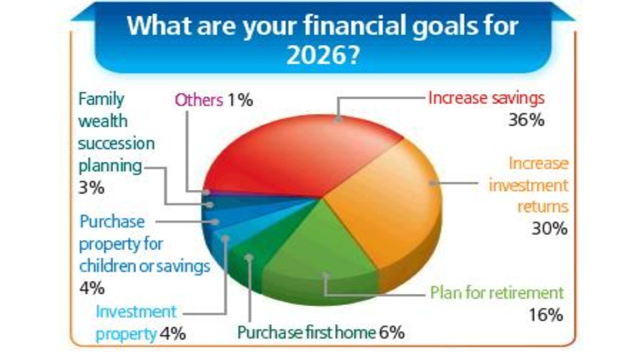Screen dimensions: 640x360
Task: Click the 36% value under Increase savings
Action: [x=526, y=120]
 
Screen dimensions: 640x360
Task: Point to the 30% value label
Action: [x=549, y=229]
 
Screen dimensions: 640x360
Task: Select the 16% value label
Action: [x=546, y=315]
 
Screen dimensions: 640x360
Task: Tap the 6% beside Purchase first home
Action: [x=392, y=332]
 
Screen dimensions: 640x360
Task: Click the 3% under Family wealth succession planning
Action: [x=91, y=187]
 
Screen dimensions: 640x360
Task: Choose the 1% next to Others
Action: [x=241, y=100]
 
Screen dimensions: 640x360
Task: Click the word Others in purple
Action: [x=199, y=100]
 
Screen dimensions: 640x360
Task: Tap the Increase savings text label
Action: [x=486, y=98]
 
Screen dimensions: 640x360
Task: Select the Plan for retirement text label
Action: [x=497, y=292]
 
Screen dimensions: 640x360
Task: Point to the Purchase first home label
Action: [x=306, y=332]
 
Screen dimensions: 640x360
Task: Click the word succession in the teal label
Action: [x=116, y=144]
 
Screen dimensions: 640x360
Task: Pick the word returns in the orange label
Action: [x=543, y=206]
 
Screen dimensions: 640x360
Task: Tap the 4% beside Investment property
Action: [x=172, y=334]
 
